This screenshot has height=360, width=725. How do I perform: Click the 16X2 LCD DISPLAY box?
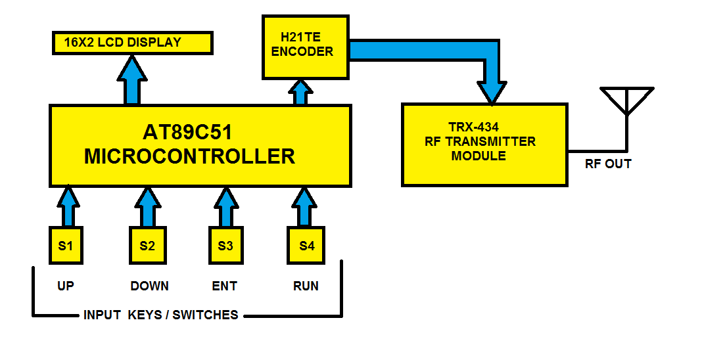point(132,43)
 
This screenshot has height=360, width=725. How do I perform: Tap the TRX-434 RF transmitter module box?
point(484,145)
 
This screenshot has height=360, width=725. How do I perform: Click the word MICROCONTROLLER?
point(189,157)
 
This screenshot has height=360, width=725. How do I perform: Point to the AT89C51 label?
point(188,132)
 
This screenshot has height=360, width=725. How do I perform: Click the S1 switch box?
point(66,246)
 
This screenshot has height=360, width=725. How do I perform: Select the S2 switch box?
point(147,246)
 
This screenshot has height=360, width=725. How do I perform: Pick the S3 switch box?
point(225,246)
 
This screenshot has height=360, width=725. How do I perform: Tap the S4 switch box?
point(306,246)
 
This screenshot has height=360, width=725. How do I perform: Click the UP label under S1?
point(66,286)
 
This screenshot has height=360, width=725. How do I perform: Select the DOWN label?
point(149,286)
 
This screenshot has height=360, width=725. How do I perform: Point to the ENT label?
point(225,286)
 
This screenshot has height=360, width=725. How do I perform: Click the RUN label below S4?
point(306,286)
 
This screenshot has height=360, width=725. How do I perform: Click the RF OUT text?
point(608,164)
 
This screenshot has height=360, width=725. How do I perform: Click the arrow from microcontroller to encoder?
point(301,92)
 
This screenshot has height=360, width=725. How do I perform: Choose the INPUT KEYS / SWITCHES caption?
point(160,315)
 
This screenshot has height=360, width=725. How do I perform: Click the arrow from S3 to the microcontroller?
point(226,206)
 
